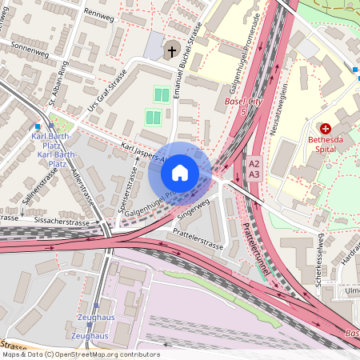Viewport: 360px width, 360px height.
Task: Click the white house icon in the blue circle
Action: coord(179,172)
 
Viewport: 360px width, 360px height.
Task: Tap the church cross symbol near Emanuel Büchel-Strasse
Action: coord(170,52)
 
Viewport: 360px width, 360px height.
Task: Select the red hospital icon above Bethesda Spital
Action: coord(326,128)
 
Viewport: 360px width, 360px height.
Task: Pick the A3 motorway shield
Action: coord(254,174)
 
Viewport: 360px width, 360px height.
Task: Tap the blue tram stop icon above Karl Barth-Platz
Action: coord(38,126)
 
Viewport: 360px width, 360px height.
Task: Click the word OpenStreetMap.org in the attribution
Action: coord(98,354)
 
